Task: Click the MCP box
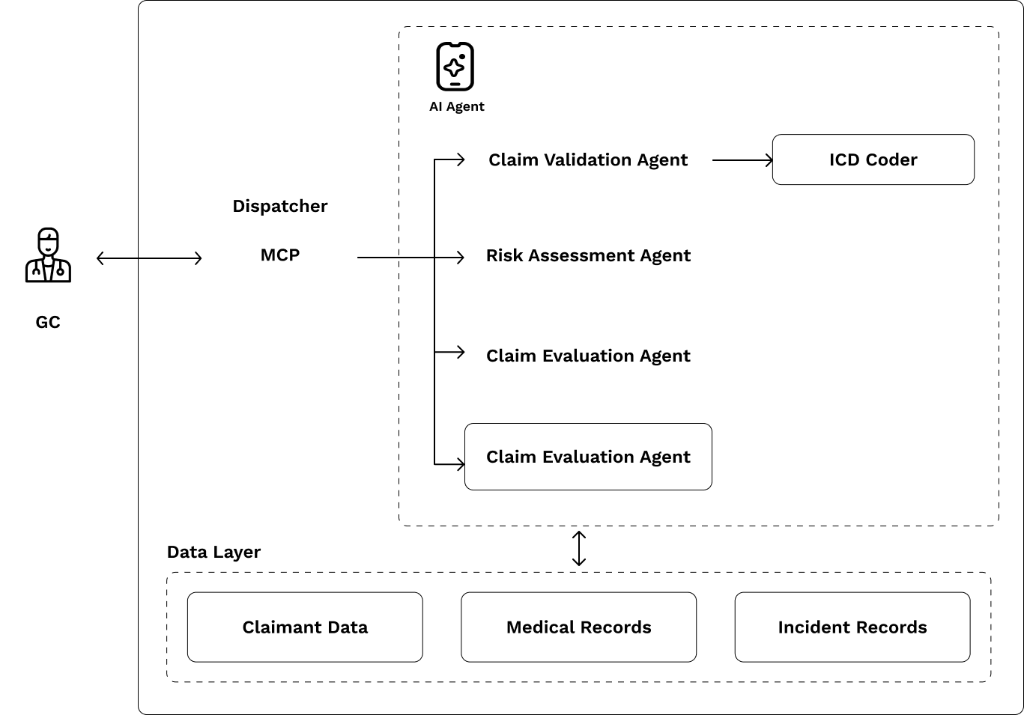(x=279, y=255)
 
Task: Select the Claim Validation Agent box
(x=587, y=159)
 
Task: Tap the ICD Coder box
(x=873, y=159)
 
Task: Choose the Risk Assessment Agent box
(x=587, y=255)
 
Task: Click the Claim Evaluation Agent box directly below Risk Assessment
(x=587, y=356)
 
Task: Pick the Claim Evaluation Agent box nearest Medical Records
(x=587, y=457)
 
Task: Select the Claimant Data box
(x=304, y=627)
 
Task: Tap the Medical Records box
(x=578, y=627)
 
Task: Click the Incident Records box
(x=852, y=627)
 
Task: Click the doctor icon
(x=48, y=255)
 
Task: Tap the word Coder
(x=891, y=159)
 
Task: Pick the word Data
(x=348, y=627)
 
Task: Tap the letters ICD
(x=844, y=159)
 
